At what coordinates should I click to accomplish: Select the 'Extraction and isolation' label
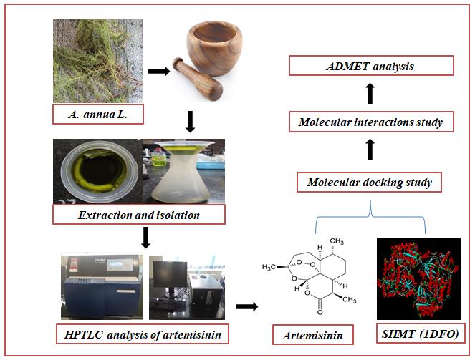[138, 214]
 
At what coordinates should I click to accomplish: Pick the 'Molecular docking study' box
[369, 183]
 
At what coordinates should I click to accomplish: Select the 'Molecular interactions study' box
[370, 122]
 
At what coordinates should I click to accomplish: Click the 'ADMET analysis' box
[371, 67]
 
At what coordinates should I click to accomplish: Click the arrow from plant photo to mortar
[158, 71]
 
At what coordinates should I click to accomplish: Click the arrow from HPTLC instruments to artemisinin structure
[247, 306]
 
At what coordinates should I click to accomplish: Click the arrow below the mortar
[190, 123]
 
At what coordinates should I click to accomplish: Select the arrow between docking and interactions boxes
[370, 150]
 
